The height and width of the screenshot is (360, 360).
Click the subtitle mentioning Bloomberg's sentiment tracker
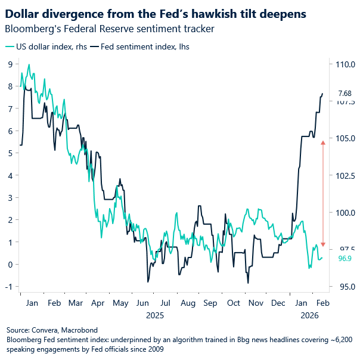[109, 29]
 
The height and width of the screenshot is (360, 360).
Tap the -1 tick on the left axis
[10, 287]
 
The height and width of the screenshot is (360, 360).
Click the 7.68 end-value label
[345, 94]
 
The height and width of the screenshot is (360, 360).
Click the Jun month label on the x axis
[143, 303]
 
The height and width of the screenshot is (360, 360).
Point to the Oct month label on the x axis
[233, 303]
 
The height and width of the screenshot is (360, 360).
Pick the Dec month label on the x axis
[278, 303]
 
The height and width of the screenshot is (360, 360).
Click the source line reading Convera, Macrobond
[52, 330]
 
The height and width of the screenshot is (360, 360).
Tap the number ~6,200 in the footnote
[340, 339]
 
